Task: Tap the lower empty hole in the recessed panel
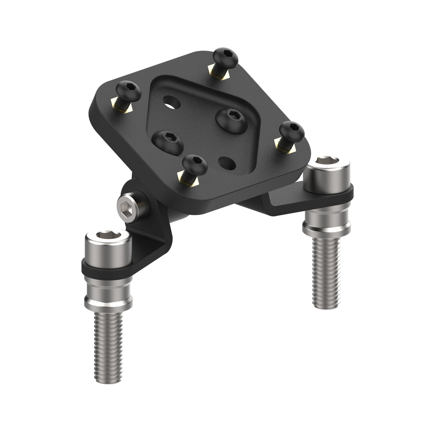point(227,163)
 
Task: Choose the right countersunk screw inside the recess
point(231,119)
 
